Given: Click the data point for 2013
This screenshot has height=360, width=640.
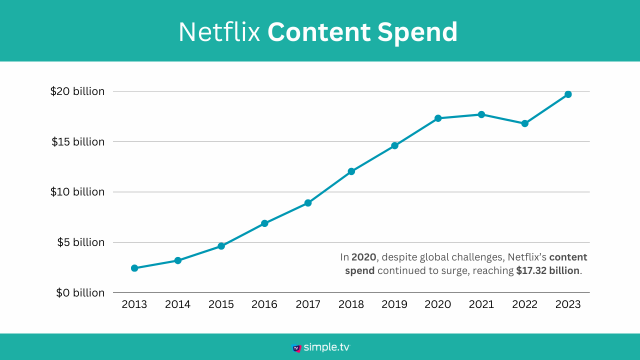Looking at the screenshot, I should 134,268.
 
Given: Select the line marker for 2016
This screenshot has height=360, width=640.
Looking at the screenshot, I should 264,223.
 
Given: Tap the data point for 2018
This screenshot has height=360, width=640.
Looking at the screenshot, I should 351,171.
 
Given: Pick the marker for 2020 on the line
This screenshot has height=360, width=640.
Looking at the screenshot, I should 438,118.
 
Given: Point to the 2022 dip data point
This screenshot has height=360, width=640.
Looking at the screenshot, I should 524,123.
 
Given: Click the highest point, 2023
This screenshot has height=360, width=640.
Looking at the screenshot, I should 568,94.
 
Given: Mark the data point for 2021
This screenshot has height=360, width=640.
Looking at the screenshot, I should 481,114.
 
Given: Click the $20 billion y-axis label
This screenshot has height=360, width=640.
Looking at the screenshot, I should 77,91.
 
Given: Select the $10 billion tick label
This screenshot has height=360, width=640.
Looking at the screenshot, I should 77,192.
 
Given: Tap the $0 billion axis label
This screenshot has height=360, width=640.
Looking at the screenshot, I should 80,292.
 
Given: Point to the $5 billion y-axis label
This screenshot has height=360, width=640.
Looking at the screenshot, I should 80,242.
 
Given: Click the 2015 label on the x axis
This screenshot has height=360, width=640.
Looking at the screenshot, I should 221,304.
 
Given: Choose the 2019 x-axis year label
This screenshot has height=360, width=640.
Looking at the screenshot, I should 394,304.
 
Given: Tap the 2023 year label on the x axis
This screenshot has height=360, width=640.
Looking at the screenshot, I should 568,304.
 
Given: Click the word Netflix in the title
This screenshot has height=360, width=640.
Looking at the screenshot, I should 219,32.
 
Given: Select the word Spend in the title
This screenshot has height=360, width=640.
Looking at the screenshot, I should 417,32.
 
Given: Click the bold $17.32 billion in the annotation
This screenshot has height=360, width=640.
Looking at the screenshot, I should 548,271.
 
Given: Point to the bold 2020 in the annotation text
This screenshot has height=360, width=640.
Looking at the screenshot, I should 363,257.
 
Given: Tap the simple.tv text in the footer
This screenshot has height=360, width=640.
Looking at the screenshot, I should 327,347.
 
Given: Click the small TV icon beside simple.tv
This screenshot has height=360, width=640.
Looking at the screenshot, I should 297,348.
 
